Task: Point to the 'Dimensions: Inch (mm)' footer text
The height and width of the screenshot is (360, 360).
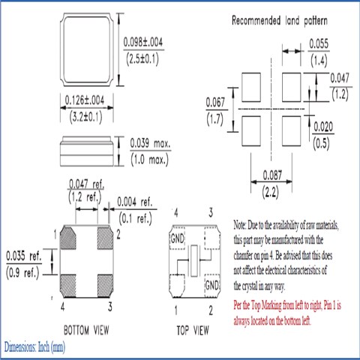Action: pyautogui.click(x=35, y=349)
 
